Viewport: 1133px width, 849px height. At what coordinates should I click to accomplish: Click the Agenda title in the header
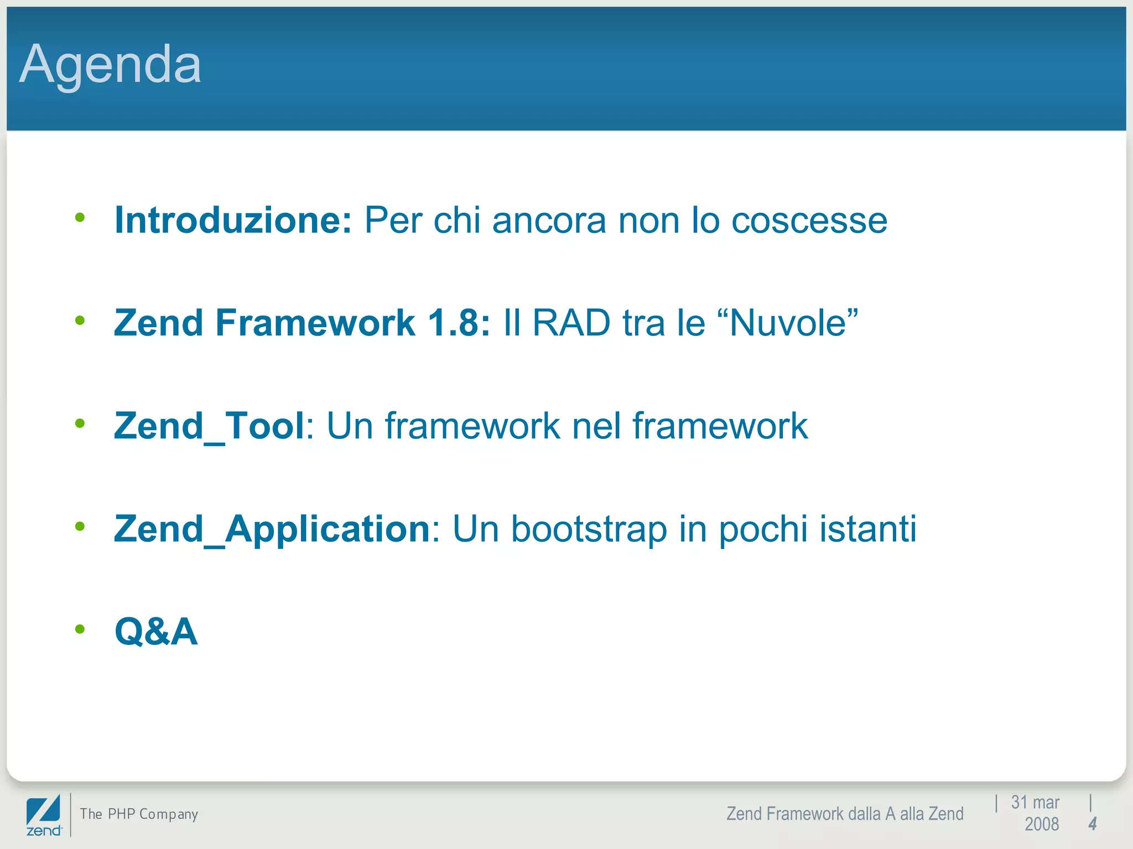tap(110, 65)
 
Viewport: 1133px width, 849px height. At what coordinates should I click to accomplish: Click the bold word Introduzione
tap(232, 221)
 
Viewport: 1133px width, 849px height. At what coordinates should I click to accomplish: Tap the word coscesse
tap(809, 221)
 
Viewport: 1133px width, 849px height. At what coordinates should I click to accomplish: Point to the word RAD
tap(570, 323)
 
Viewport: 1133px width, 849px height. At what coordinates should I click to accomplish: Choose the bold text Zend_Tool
tap(209, 426)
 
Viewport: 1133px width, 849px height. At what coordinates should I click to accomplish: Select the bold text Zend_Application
tap(272, 529)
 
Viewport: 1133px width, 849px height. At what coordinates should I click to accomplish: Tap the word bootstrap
tap(589, 529)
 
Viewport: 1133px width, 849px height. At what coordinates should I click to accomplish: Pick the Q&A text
tap(155, 631)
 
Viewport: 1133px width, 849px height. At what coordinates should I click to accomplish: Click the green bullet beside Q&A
tap(80, 629)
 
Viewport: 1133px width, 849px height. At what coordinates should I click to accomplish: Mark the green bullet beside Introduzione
tap(80, 218)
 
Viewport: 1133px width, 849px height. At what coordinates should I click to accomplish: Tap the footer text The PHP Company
tap(139, 814)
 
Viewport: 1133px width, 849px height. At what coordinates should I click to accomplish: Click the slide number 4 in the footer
tap(1092, 824)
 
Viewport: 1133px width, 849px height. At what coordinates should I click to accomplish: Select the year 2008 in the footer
tap(1041, 824)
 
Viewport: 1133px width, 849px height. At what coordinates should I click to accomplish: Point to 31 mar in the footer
tap(1035, 803)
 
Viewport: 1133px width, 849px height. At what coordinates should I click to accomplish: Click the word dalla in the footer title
tap(864, 814)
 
